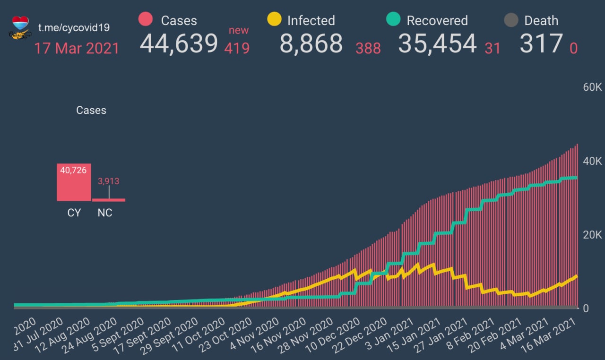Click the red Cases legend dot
click(146, 19)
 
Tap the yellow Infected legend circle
click(274, 19)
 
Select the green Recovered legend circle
click(393, 19)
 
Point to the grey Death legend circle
click(511, 20)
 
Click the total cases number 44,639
click(179, 43)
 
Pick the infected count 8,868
click(311, 43)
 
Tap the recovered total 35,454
click(437, 43)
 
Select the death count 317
click(541, 43)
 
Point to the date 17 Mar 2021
click(77, 48)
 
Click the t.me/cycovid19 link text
click(74, 27)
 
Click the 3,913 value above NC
click(108, 181)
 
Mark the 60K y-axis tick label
click(592, 87)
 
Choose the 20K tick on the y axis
click(592, 235)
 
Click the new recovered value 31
click(492, 48)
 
